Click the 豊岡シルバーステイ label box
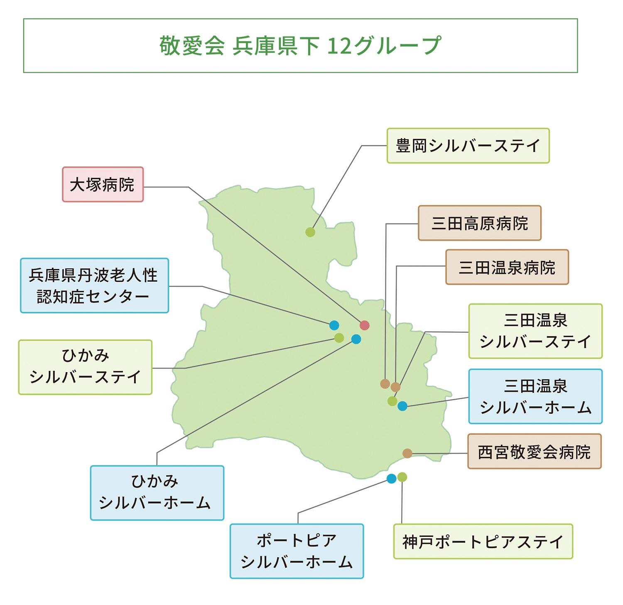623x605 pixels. pos(468,146)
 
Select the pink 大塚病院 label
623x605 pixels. pos(103,185)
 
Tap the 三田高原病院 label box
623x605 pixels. pos(479,223)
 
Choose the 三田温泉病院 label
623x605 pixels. pos(507,267)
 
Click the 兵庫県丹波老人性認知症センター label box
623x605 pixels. pos(94,285)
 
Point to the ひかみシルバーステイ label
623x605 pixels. pos(85,367)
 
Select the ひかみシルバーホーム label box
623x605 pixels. pos(157,493)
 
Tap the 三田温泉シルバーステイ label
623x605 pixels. pos(535,331)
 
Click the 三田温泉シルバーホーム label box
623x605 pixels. pos(535,397)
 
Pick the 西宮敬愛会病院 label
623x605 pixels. pos(534,451)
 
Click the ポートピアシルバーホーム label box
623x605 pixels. pos(297,551)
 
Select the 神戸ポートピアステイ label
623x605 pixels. pos(483,542)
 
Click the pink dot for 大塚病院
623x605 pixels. pos(365,325)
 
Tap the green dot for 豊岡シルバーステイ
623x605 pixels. pos(310,232)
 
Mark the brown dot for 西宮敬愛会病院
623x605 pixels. pos(407,454)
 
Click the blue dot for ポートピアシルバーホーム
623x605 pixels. pos(391,479)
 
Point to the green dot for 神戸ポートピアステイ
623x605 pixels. pos(402,477)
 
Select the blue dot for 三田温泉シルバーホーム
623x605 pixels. pos(402,406)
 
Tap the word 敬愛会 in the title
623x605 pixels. pos(192,46)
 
